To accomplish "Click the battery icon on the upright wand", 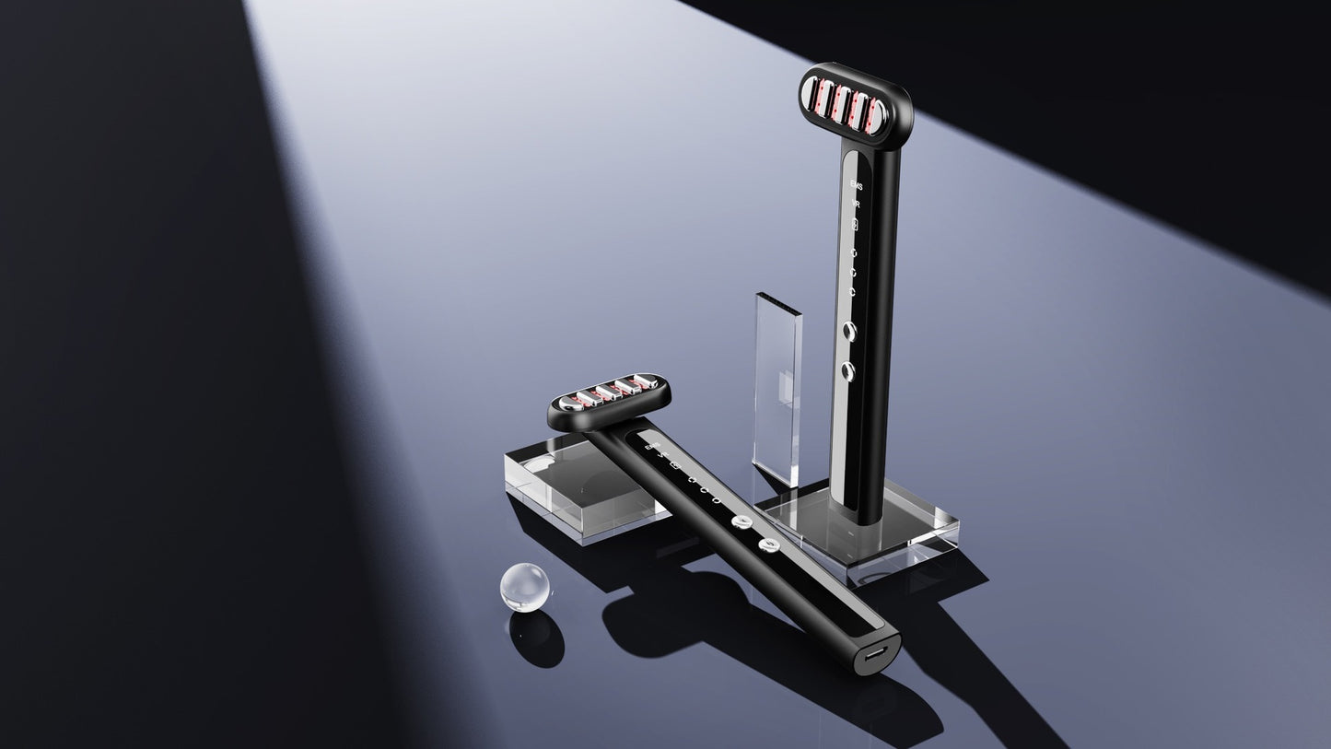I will pyautogui.click(x=855, y=225).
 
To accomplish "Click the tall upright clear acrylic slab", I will pyautogui.click(x=776, y=387).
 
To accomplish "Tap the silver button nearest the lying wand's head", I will pyautogui.click(x=740, y=522).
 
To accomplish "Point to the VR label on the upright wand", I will pyautogui.click(x=856, y=205).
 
